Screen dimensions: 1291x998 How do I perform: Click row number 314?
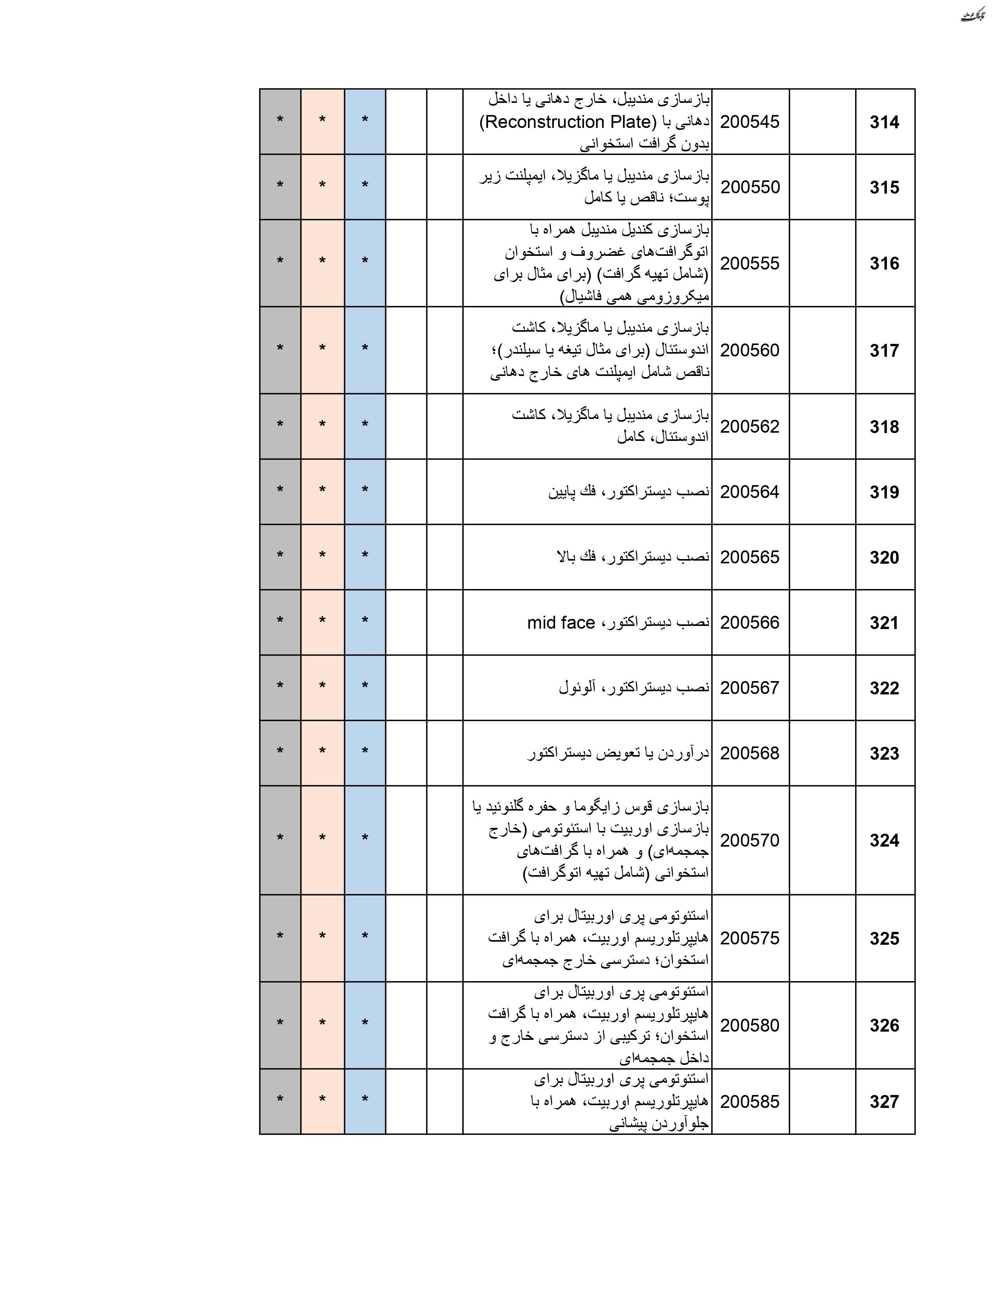click(884, 122)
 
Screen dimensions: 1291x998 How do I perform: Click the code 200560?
click(750, 351)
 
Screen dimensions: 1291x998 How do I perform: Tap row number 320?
click(884, 557)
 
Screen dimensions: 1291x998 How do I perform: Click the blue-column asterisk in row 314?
click(365, 120)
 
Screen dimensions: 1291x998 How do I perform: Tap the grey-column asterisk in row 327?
click(280, 1099)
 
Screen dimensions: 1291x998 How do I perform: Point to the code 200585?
click(750, 1102)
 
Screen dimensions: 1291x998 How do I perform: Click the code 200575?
click(750, 939)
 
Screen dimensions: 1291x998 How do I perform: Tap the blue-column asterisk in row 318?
click(365, 424)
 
